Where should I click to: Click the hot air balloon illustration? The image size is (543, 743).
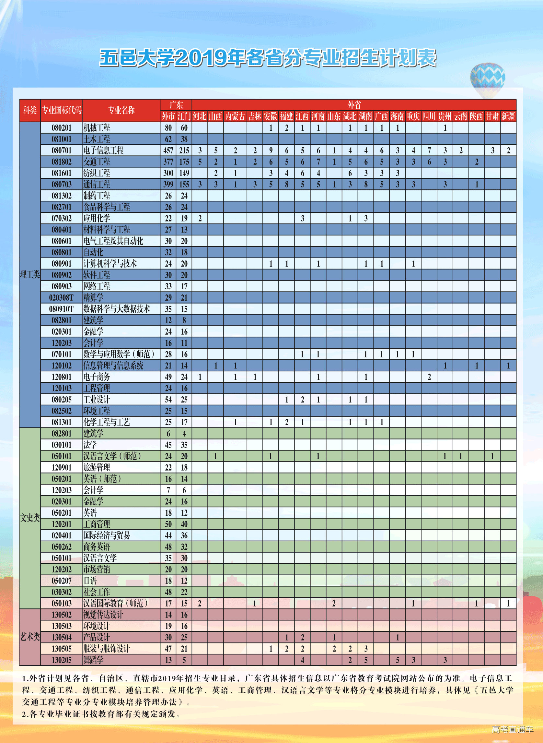[x=487, y=79]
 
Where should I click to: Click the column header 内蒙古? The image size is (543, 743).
[x=235, y=116]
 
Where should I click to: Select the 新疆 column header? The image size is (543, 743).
[x=508, y=116]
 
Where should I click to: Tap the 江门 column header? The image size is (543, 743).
[x=184, y=116]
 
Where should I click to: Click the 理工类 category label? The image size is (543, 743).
[x=30, y=275]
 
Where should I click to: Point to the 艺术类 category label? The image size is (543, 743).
[x=30, y=637]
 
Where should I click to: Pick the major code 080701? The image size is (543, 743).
[x=62, y=151]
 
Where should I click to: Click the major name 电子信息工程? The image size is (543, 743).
[x=103, y=151]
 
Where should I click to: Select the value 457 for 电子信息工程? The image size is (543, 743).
[x=168, y=151]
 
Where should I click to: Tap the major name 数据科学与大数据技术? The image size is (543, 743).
[x=117, y=309]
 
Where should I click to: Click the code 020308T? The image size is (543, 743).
[x=62, y=298]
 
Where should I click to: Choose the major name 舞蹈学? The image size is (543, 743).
[x=93, y=660]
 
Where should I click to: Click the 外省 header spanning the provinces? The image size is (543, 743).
[x=354, y=105]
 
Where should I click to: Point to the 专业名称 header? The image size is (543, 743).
[x=121, y=110]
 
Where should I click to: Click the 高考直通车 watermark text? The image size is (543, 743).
[x=513, y=730]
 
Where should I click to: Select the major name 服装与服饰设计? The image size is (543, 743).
[x=107, y=649]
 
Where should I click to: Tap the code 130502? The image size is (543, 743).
[x=62, y=615]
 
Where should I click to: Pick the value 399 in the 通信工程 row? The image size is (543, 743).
[x=168, y=185]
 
